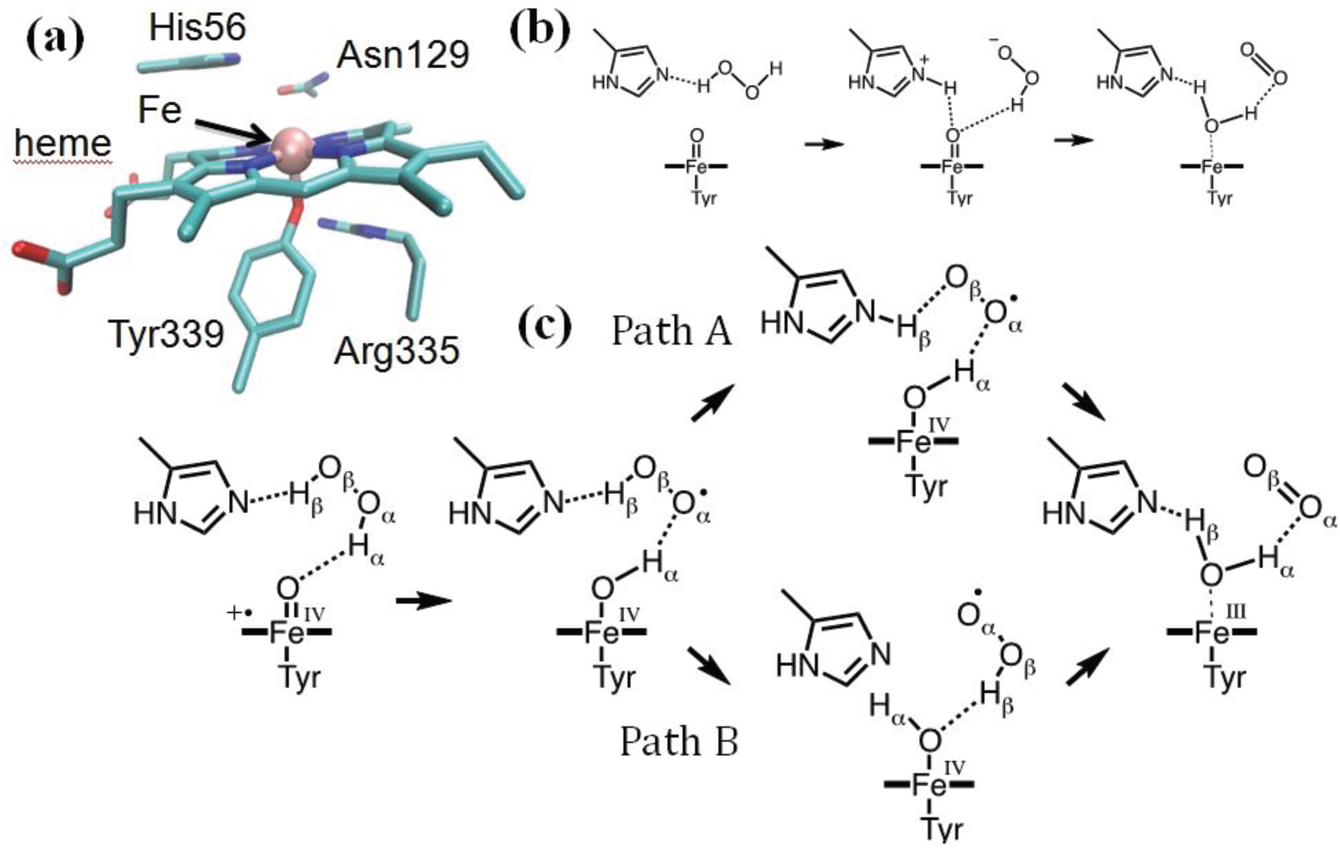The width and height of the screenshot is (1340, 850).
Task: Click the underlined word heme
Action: point(63,143)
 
